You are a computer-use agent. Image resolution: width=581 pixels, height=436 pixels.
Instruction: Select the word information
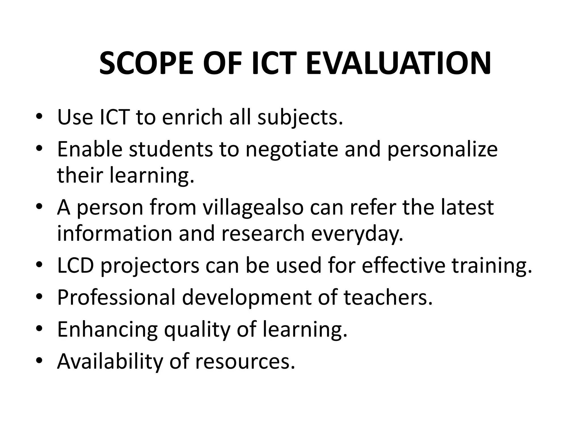point(115,233)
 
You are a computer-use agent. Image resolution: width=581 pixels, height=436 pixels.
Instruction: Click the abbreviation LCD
point(75,265)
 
